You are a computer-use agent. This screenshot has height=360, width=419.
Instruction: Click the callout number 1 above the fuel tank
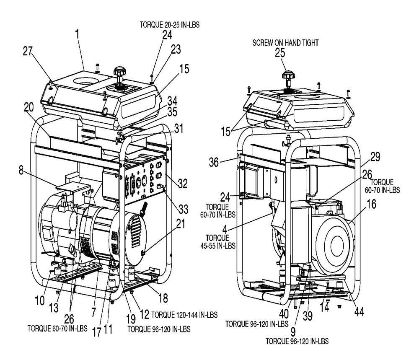coord(77,34)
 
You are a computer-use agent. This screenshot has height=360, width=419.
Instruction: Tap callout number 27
coord(28,51)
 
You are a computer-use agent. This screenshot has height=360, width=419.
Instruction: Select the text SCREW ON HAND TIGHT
coord(285,43)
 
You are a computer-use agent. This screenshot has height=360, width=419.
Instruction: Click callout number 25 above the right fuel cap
coord(280,53)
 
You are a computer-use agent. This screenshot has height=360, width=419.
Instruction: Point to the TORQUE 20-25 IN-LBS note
coord(170,25)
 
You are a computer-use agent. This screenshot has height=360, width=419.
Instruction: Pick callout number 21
coord(181,224)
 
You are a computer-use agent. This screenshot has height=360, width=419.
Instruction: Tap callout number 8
coord(21,170)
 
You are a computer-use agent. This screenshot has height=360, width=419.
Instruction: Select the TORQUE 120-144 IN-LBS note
coord(184,315)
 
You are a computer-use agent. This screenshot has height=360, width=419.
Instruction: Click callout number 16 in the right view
coord(371,204)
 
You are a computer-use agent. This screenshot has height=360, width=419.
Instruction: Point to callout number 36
coord(214,162)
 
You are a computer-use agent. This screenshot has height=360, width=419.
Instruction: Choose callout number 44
coord(360,311)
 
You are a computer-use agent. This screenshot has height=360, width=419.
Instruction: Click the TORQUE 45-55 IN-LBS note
coord(218,241)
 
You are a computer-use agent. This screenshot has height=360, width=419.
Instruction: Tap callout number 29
coord(375,157)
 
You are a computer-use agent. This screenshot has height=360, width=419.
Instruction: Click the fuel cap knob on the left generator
coord(119,72)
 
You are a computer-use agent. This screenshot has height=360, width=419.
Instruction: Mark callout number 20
coord(29,107)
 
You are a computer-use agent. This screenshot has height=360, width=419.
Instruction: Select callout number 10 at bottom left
coord(40,300)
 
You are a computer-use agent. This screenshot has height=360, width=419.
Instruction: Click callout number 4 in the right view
coord(225,229)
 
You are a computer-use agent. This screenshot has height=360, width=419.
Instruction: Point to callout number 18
coord(163,298)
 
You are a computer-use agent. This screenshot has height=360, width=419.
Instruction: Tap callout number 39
coord(308,316)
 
